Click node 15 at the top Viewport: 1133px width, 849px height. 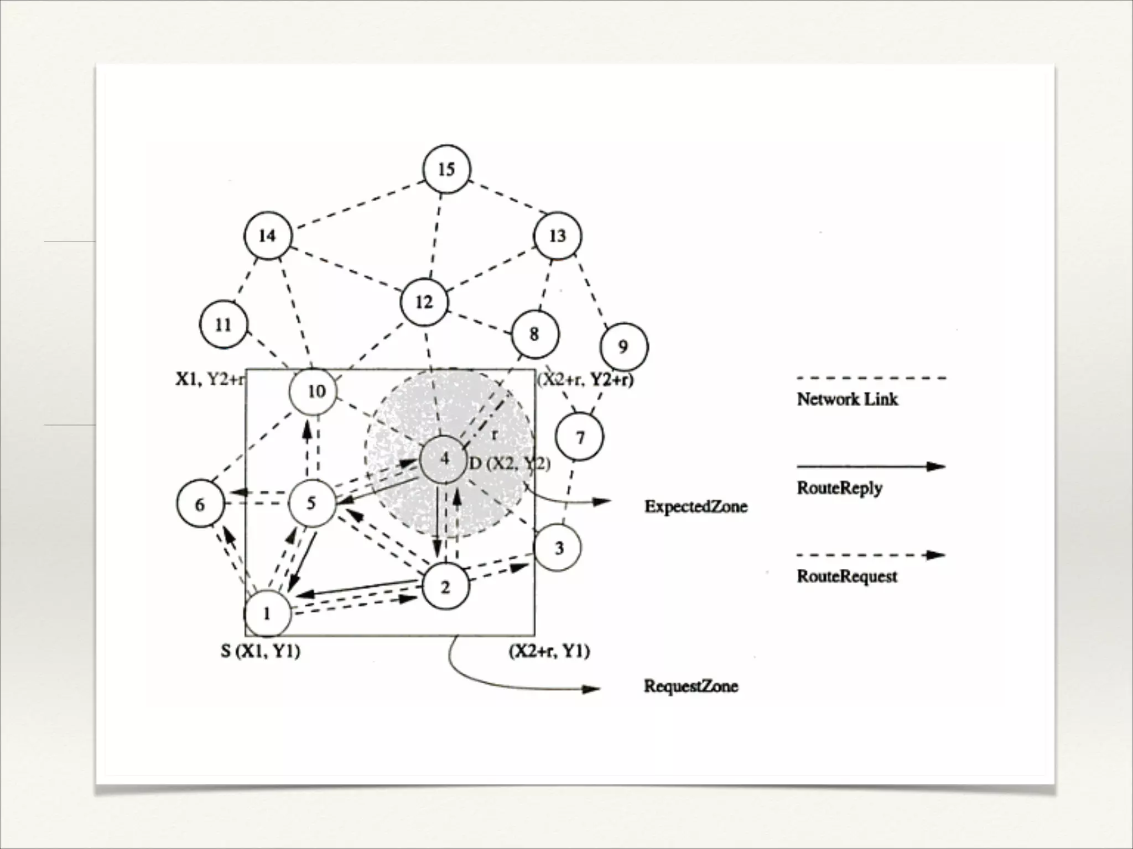pos(446,169)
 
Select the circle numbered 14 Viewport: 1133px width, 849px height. pos(268,236)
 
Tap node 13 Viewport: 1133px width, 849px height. pos(558,236)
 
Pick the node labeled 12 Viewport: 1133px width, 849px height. pos(424,302)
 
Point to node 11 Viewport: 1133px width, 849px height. pos(224,324)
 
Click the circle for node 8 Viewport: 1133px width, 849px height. pos(534,334)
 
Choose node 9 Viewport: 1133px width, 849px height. pos(623,347)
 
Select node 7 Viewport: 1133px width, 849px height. pos(579,437)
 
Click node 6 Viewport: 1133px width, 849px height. pos(200,504)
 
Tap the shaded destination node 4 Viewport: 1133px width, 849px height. pos(444,459)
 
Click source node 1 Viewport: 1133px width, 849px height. pos(268,613)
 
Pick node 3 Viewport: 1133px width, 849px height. pos(558,547)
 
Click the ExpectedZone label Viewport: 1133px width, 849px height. pos(695,506)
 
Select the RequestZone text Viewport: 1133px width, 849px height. pos(690,686)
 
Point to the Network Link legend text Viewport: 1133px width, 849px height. pos(847,399)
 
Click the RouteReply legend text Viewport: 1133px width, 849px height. pos(839,488)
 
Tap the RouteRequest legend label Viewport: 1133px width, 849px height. pos(846,577)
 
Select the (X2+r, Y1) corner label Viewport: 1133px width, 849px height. pos(549,652)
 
